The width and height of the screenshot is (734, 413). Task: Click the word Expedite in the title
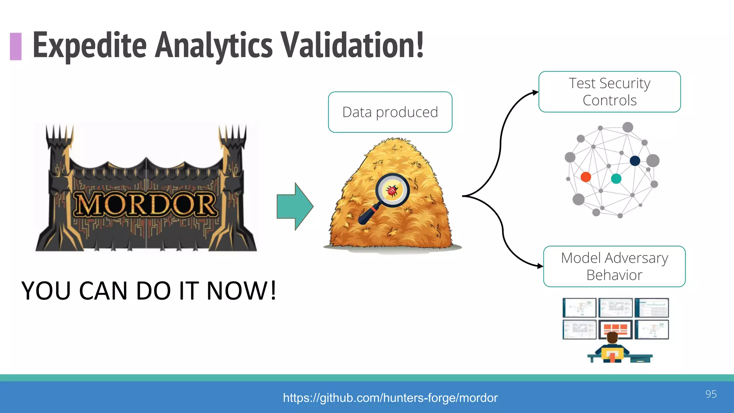pos(90,46)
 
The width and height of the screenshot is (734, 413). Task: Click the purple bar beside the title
pos(16,46)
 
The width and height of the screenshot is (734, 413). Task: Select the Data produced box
pos(390,112)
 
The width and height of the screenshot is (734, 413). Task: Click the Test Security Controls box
pos(609,92)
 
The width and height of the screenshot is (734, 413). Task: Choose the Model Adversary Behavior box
pos(614,266)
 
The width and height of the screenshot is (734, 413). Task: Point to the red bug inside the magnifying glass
pos(392,190)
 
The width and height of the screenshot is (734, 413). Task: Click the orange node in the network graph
pos(586,177)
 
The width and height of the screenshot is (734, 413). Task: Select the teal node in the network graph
pos(616,179)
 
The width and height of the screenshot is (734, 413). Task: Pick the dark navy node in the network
pos(635,161)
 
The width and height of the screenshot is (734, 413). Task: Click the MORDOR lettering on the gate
pos(145,205)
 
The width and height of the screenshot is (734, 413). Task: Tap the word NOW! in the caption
pos(242,290)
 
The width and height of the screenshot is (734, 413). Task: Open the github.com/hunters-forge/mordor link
pos(390,398)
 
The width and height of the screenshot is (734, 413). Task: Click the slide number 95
pos(711,394)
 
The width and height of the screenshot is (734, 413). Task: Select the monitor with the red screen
pos(615,329)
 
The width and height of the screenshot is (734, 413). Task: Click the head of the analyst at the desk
pos(612,338)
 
